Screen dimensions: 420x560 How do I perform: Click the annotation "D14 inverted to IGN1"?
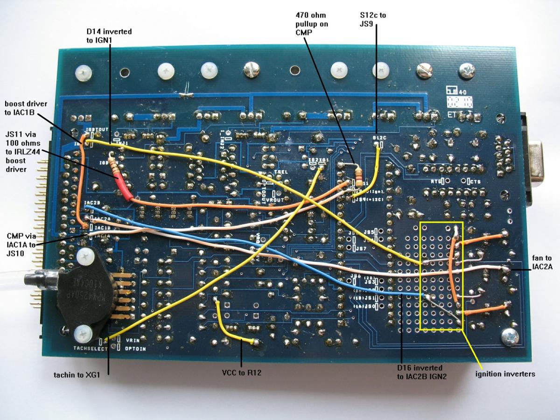coord(109,36)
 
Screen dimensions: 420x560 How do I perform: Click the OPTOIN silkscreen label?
coord(136,349)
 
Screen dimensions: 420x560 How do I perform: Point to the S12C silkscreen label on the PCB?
coord(378,138)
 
